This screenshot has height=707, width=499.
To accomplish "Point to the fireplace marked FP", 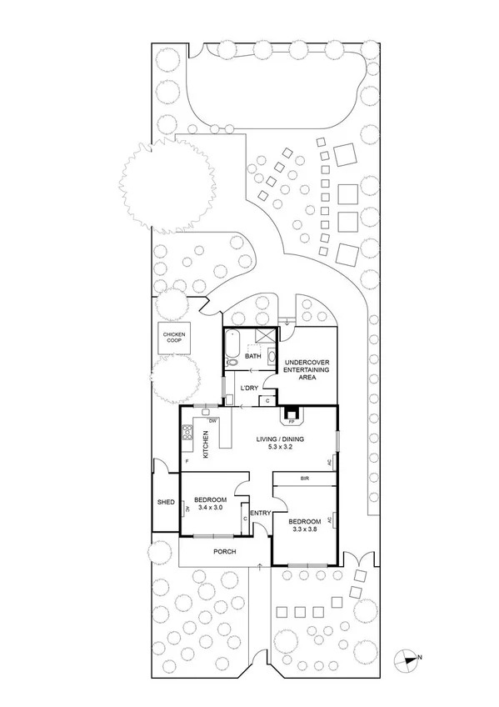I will [x=292, y=414].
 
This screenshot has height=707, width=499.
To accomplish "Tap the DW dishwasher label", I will [x=213, y=419].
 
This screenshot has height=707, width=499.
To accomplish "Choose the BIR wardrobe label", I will [x=305, y=479].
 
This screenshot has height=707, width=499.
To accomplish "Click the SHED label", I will [x=166, y=502].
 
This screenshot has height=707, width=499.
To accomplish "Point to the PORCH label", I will [x=224, y=552].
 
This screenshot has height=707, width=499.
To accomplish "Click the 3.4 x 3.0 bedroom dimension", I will [x=210, y=509].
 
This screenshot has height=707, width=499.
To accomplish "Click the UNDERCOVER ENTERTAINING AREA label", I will [x=307, y=370].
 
